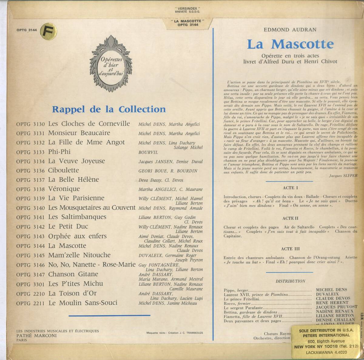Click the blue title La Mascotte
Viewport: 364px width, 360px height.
[290, 44]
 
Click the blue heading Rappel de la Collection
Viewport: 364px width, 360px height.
[109, 109]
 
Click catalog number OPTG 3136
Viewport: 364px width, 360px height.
[30, 171]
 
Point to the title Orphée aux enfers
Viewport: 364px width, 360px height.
[77, 236]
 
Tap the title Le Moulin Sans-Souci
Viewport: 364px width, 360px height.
[83, 303]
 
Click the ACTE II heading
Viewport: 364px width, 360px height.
[290, 218]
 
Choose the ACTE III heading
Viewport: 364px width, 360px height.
[290, 249]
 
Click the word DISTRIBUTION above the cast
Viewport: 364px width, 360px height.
[290, 281]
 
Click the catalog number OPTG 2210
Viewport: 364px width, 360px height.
[30, 294]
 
